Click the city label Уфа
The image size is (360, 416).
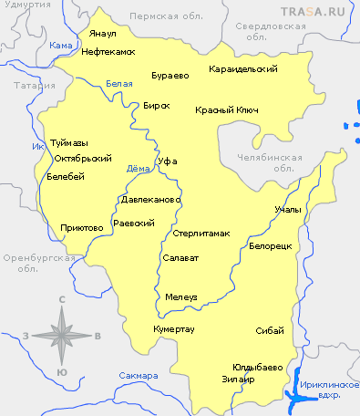(166, 161)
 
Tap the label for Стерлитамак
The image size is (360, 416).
(201, 234)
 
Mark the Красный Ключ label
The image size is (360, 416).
(227, 110)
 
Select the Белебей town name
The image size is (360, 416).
(65, 177)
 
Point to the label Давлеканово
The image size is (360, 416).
(151, 199)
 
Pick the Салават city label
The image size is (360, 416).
(180, 258)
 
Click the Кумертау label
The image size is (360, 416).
(173, 328)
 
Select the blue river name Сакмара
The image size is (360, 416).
(138, 375)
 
